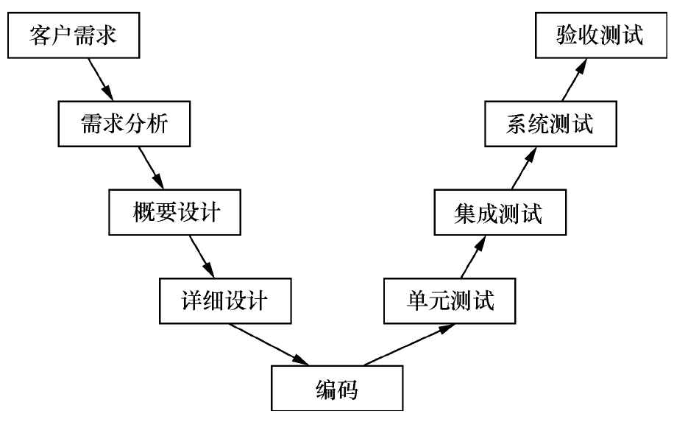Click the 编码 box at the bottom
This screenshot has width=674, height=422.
pyautogui.click(x=336, y=389)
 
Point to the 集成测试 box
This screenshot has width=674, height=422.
pyautogui.click(x=499, y=214)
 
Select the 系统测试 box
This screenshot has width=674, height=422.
pyautogui.click(x=550, y=124)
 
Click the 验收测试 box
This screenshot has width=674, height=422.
pyautogui.click(x=600, y=35)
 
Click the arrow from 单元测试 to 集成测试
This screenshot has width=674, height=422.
pyautogui.click(x=471, y=258)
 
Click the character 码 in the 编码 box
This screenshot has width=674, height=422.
pyautogui.click(x=348, y=389)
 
